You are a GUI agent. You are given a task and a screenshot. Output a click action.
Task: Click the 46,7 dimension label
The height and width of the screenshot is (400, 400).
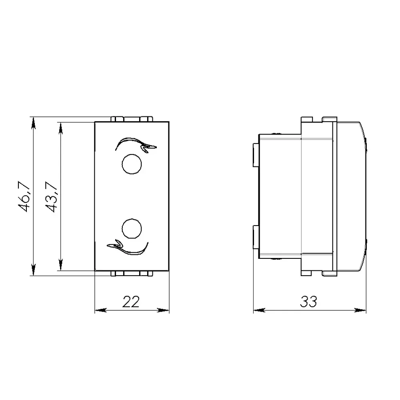click(24, 196)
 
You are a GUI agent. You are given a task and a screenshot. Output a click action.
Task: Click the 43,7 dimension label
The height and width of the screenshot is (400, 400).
click(51, 196)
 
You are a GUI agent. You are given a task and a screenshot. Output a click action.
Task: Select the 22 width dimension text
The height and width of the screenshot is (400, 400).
click(131, 302)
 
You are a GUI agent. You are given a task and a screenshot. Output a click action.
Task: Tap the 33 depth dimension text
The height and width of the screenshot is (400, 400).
click(308, 302)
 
